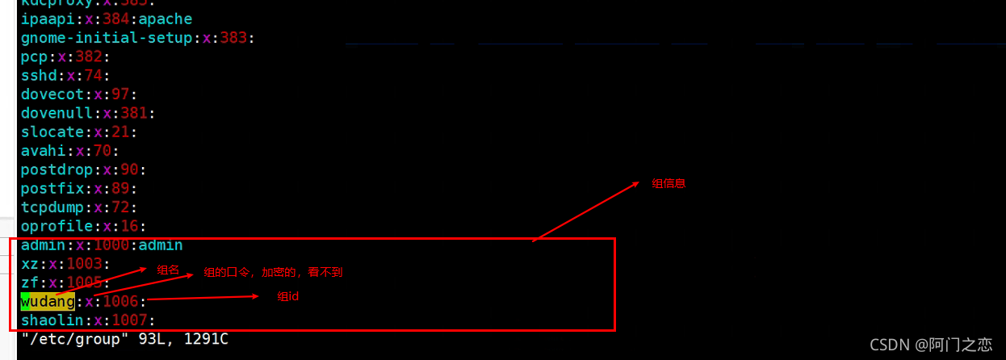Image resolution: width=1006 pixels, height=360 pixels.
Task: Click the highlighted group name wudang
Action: (x=48, y=302)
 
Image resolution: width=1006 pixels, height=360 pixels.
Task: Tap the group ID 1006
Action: (x=121, y=302)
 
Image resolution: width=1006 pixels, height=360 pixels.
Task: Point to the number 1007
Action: (x=121, y=321)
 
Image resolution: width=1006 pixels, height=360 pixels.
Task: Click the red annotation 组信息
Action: (x=669, y=184)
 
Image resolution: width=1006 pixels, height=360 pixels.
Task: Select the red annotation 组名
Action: (x=168, y=270)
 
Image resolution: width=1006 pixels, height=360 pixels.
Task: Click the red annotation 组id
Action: (x=289, y=297)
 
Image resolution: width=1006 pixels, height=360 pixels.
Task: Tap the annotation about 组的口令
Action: (x=273, y=273)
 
